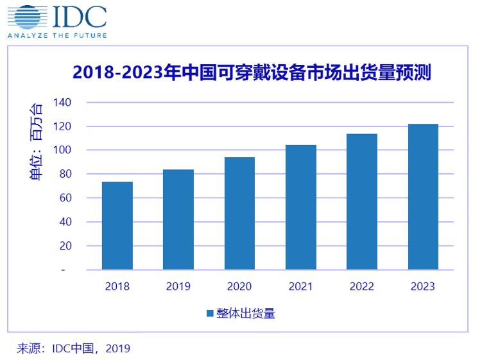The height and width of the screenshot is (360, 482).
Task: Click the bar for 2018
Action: [x=117, y=226]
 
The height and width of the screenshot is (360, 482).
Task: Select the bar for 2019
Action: [x=178, y=219]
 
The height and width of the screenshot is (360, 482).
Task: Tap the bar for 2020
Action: [x=239, y=214]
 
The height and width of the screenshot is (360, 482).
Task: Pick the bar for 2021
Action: [x=301, y=207]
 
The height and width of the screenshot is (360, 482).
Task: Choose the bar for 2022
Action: [x=362, y=201]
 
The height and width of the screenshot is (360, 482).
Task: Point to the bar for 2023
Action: [x=423, y=197]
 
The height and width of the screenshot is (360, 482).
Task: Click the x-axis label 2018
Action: [x=117, y=286]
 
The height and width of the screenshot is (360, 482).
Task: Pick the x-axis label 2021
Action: [x=301, y=286]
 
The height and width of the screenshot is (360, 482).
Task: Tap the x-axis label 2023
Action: [x=423, y=286]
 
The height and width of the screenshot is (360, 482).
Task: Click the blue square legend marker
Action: [x=209, y=314]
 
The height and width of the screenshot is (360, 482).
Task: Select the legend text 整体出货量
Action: [x=245, y=314]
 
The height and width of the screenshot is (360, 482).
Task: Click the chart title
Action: [x=252, y=74]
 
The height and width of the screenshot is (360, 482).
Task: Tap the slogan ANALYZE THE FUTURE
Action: [x=57, y=35]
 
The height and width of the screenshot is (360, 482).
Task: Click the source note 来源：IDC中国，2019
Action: [x=74, y=348]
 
